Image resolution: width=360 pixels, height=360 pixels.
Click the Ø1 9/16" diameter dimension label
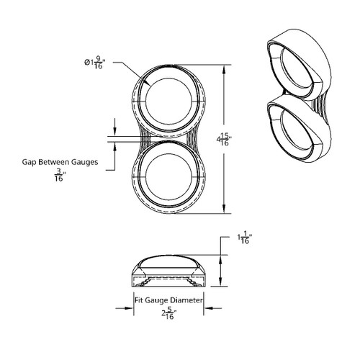[94, 63]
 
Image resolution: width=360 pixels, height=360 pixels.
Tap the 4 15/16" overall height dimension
[224, 140]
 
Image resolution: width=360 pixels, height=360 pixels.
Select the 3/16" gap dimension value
[59, 175]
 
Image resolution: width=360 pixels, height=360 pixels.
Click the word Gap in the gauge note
[30, 162]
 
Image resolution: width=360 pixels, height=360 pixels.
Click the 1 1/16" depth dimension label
[244, 238]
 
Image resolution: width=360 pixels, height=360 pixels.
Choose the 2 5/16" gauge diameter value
[169, 313]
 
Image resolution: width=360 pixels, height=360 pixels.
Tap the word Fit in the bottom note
[139, 300]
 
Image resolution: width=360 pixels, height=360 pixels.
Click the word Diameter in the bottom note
[186, 300]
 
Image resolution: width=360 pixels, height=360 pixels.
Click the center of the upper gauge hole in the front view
[168, 101]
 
